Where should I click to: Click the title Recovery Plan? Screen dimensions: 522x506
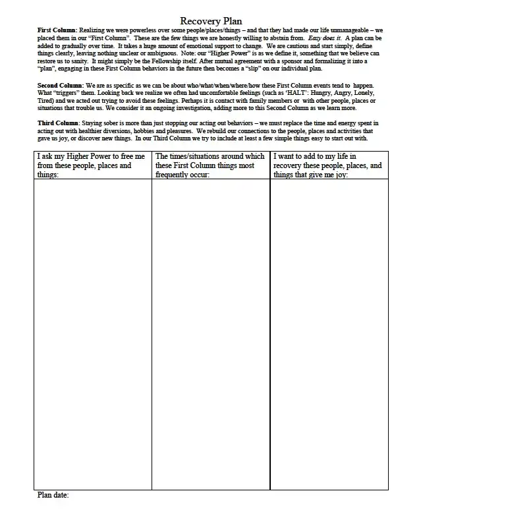pos(211,21)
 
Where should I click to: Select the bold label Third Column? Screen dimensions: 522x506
pos(58,123)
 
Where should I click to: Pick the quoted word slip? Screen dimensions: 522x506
pos(247,69)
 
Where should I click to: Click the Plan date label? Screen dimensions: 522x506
pos(53,495)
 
